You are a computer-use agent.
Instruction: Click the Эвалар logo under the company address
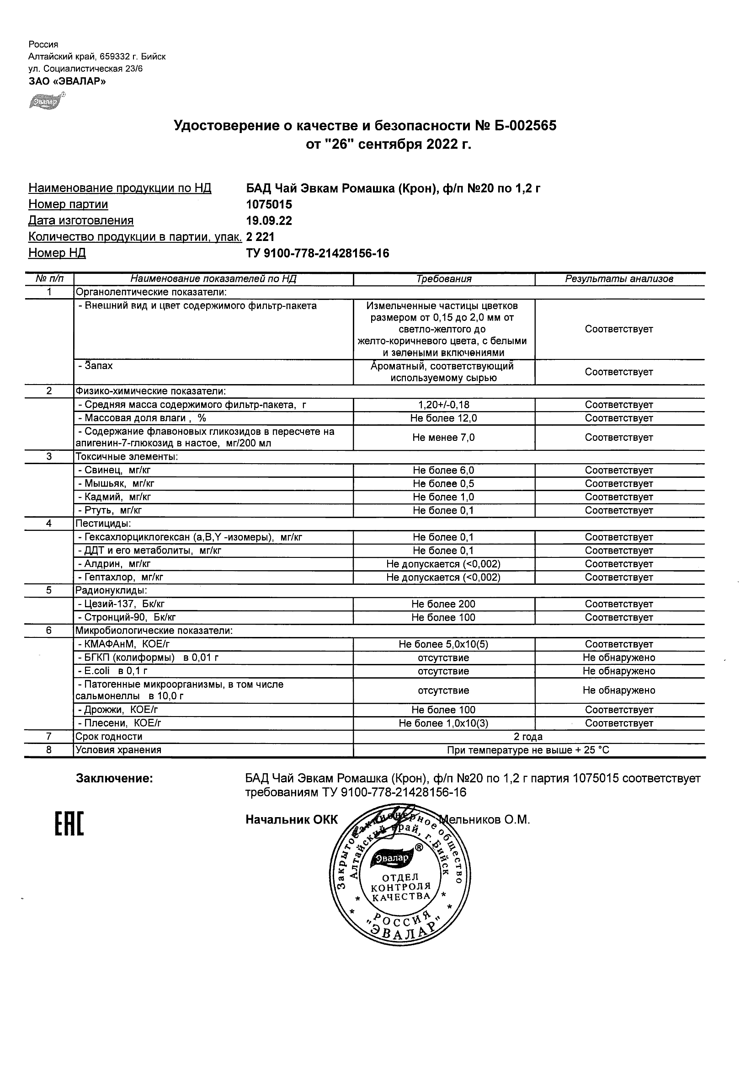(x=46, y=101)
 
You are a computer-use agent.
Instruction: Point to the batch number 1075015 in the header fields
(x=269, y=204)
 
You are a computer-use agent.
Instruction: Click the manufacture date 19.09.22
(x=269, y=221)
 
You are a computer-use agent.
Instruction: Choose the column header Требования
(x=443, y=279)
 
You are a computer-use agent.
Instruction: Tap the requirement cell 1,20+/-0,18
(x=443, y=405)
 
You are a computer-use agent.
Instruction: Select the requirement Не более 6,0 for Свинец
(x=443, y=471)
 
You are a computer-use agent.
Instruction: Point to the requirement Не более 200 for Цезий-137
(x=443, y=605)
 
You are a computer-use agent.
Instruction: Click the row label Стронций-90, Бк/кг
(x=127, y=618)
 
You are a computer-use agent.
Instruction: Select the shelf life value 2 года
(x=528, y=737)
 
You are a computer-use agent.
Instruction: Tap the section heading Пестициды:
(x=103, y=524)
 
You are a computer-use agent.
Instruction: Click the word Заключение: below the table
(x=114, y=779)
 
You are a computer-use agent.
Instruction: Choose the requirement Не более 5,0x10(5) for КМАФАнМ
(x=443, y=645)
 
